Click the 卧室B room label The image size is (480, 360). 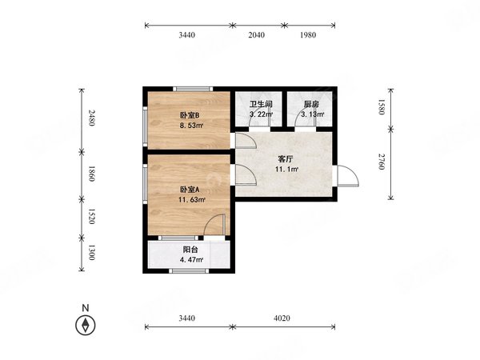tap(190, 115)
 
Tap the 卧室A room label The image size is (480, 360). tap(190, 190)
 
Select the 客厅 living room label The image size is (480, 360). tap(286, 159)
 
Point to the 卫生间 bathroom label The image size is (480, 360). tap(261, 104)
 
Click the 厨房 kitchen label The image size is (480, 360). tap(312, 104)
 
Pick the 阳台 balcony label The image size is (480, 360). tap(190, 250)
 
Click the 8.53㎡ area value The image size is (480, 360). tap(191, 126)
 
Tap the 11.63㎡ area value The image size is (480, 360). tap(192, 200)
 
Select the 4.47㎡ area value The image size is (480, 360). tap(192, 260)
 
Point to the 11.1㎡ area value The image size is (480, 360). tap(287, 169)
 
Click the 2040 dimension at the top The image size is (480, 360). tap(257, 35)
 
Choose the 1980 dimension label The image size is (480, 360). tap(308, 35)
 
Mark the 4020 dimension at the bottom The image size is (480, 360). tap(282, 318)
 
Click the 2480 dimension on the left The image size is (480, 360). tap(91, 118)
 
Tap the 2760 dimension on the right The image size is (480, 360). tap(381, 162)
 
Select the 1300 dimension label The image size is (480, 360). tap(91, 252)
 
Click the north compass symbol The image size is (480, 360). tap(86, 325)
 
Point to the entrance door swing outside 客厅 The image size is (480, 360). tap(348, 176)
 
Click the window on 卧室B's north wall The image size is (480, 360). tap(193, 89)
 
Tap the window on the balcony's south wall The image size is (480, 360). tap(189, 271)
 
